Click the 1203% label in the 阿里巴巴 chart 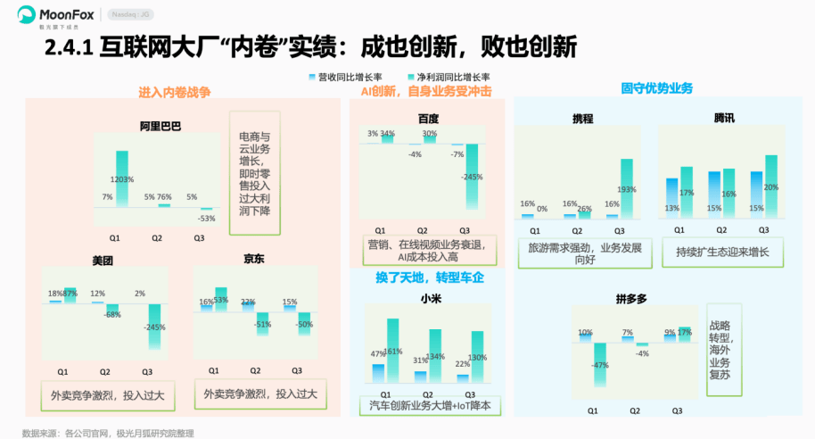[x=122, y=179]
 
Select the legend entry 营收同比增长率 [x=344, y=78]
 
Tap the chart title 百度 [x=428, y=119]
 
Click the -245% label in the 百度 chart [x=472, y=178]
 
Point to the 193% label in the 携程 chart [x=626, y=189]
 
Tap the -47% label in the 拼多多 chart [x=599, y=365]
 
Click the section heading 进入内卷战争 [x=174, y=92]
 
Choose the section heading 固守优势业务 [x=657, y=88]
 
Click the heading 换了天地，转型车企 [x=429, y=277]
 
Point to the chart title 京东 [x=253, y=260]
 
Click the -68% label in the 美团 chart [x=111, y=314]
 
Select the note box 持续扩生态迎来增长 [x=722, y=252]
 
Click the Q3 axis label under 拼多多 [x=677, y=410]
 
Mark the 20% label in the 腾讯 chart [x=770, y=187]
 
